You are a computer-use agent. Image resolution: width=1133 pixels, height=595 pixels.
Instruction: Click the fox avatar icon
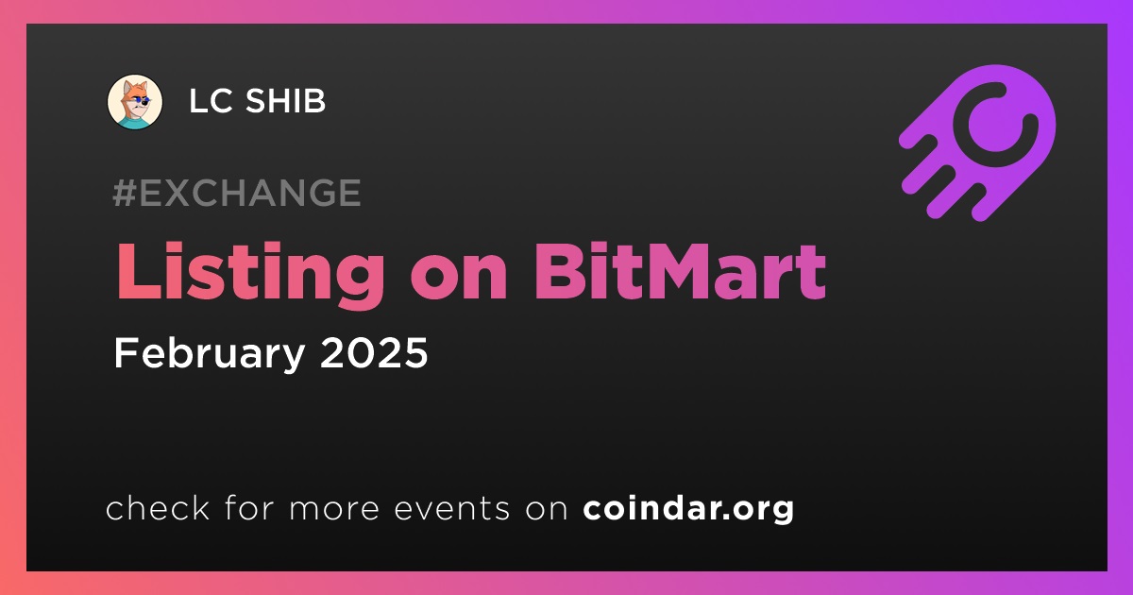pos(135,102)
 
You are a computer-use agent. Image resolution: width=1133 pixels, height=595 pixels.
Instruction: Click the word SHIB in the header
pos(285,101)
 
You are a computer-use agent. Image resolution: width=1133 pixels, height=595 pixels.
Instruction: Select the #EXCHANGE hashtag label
pos(237,193)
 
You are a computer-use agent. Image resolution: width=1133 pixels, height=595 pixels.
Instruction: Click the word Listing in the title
pos(250,273)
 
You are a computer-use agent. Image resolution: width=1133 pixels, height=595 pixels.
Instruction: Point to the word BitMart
pos(681,272)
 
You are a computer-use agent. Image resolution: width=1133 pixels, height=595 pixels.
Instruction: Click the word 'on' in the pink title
pos(459,280)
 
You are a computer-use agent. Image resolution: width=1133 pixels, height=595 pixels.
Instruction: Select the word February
pos(210,353)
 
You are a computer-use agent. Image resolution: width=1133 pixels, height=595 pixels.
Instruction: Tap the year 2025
pos(374,352)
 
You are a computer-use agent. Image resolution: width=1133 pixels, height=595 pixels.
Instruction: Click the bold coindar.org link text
pos(688,508)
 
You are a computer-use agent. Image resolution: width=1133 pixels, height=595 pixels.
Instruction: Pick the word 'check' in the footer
pos(158,507)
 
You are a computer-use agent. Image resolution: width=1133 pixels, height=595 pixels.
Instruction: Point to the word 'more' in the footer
pos(334,510)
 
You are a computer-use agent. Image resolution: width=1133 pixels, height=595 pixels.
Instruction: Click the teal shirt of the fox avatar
pos(136,122)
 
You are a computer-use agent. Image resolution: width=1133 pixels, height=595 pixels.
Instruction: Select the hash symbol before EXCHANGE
pos(125,193)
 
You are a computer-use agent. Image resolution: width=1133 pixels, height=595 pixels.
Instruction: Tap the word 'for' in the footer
pos(249,507)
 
